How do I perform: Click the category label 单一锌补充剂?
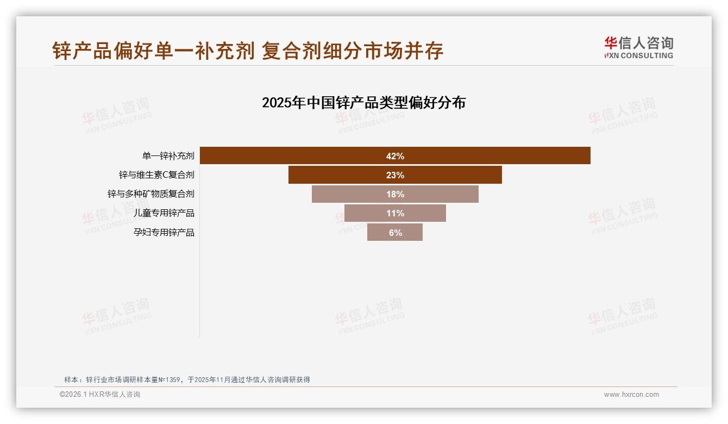(x=168, y=156)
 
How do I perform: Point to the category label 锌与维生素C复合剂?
(x=156, y=175)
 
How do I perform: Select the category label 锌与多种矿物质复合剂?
(x=150, y=194)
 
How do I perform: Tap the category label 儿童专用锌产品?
(x=164, y=213)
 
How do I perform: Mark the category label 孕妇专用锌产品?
(x=164, y=233)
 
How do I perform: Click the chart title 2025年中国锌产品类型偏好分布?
(x=363, y=103)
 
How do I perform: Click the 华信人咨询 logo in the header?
(x=638, y=47)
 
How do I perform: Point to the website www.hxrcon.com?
(x=631, y=395)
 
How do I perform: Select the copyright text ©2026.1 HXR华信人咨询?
(x=100, y=395)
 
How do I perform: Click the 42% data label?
(x=395, y=157)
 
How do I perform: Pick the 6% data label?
(x=395, y=233)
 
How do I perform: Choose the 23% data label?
(x=395, y=176)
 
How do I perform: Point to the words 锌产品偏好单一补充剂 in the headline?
(x=154, y=51)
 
